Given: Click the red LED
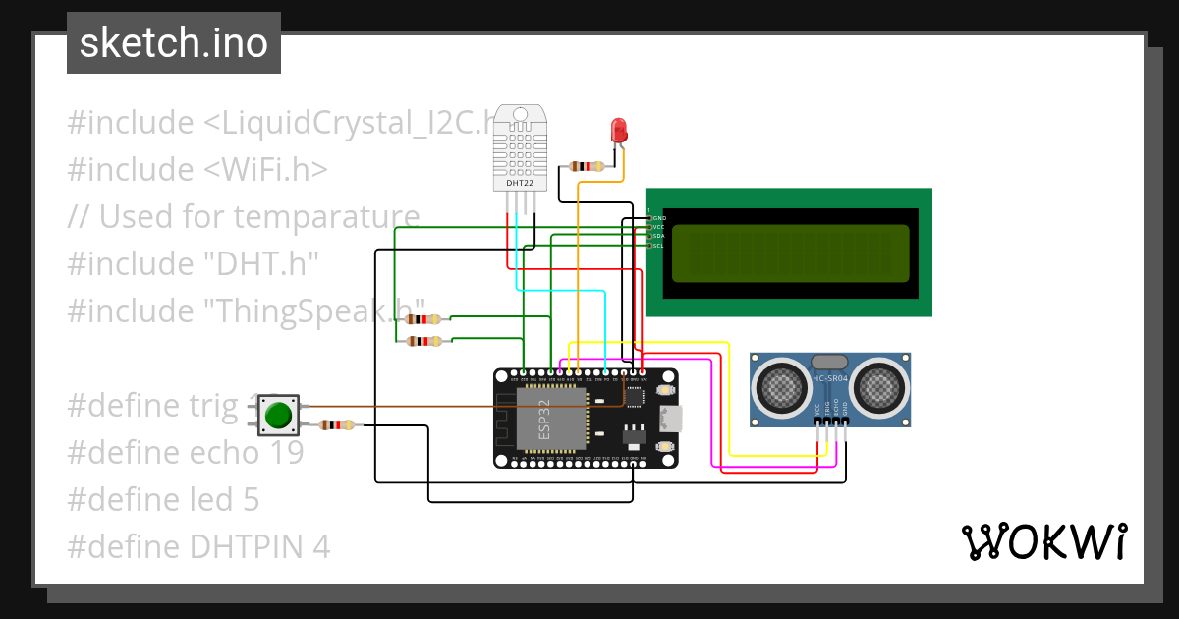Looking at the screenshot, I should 618,130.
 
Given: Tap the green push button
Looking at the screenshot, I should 279,416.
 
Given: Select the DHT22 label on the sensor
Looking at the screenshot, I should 520,183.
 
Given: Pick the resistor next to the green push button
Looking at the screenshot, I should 338,424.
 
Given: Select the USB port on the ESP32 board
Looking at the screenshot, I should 670,419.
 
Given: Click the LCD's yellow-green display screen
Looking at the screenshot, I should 791,252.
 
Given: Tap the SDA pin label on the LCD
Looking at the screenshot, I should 658,236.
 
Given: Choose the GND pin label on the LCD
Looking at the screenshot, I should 659,217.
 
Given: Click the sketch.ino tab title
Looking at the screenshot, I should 174,43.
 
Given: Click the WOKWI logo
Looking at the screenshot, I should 1044,541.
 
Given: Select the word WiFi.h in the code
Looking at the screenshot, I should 266,170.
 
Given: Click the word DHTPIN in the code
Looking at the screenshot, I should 240,547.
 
